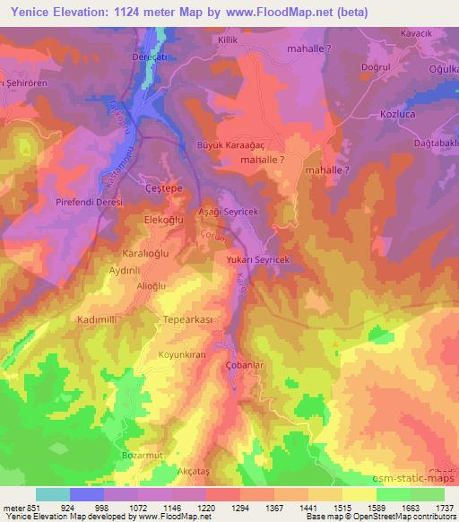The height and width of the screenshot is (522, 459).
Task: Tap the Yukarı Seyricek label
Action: (261, 259)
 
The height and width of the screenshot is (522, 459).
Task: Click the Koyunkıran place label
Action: (183, 355)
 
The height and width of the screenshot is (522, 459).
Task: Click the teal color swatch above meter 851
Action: (53, 494)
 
